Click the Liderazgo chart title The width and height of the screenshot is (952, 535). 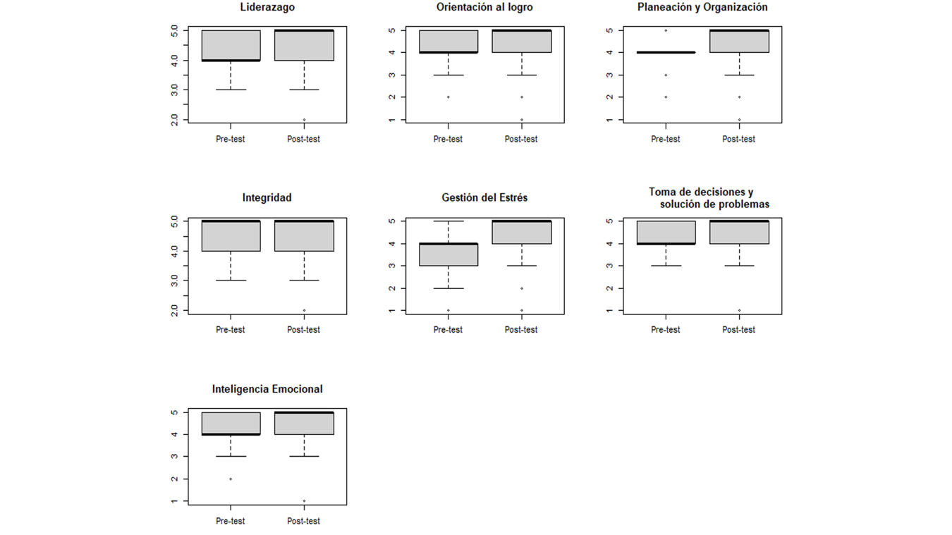coord(267,8)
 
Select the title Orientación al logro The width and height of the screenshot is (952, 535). coord(484,8)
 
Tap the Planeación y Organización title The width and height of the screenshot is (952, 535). coord(702,8)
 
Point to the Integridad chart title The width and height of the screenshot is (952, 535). coord(267,198)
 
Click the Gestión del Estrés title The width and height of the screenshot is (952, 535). coord(484,198)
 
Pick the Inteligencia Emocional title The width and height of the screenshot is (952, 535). coord(267,389)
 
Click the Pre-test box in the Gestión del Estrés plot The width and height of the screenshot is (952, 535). coord(448,254)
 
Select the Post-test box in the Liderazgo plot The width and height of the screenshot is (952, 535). coord(304,45)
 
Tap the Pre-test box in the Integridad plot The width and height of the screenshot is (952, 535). coord(231,236)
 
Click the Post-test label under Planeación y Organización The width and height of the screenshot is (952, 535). coord(738,139)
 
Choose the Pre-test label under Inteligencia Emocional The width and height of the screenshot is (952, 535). coord(231,521)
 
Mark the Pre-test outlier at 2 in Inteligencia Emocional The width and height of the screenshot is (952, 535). coord(231,479)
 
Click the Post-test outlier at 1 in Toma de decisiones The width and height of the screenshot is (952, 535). coord(739,310)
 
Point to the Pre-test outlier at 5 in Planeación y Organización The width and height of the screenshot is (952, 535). coord(666,30)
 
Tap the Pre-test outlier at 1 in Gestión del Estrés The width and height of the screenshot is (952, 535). coord(448,310)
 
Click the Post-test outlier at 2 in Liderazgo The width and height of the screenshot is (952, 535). coord(304,120)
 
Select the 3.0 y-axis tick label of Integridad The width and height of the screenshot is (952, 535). coord(174,281)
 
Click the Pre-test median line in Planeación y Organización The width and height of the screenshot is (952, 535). coord(666,52)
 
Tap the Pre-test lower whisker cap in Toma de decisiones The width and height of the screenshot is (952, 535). coord(666,266)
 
